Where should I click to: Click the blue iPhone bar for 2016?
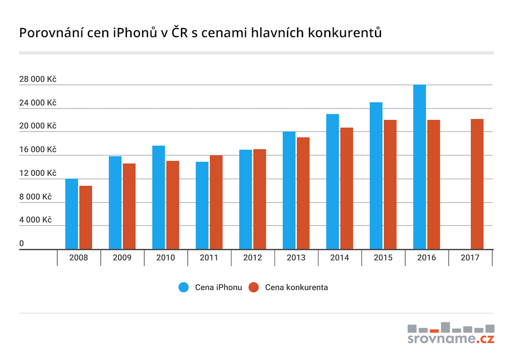point(420,167)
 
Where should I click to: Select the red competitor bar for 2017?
point(477,184)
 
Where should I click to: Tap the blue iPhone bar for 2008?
point(72,214)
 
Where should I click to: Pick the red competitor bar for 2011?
point(216,202)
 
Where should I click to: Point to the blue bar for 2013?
point(289,190)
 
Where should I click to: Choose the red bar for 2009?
point(129,206)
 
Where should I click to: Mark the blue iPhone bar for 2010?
point(159,197)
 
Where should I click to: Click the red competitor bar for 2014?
point(347,188)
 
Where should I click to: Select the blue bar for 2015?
point(376,176)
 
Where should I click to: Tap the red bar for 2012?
point(260,199)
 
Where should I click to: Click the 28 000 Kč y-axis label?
point(38,79)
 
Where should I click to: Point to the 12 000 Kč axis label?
point(38,173)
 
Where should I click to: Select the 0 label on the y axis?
point(22,243)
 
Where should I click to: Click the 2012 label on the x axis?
point(252,257)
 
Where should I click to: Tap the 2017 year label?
point(470,257)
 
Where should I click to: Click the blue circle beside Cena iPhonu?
point(184,287)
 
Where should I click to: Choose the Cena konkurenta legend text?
point(296,287)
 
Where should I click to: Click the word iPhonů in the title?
point(135,33)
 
